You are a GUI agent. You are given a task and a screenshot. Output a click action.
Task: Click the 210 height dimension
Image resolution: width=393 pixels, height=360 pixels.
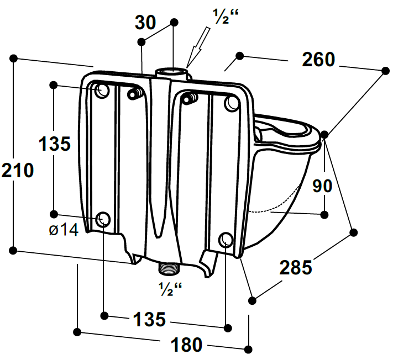(18, 171)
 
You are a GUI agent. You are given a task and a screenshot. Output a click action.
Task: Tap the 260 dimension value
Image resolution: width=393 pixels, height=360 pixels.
(318, 60)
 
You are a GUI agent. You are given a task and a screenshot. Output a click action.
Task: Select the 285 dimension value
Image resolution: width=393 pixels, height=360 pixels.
(296, 268)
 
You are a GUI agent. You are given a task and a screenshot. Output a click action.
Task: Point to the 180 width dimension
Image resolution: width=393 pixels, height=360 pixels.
(186, 345)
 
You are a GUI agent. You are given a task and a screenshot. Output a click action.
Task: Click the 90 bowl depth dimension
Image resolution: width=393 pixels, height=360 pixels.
(322, 186)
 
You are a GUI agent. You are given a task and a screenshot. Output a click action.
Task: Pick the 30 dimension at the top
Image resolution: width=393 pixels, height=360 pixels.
(146, 23)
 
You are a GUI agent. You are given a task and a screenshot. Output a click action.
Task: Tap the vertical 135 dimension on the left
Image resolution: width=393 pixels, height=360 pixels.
(55, 144)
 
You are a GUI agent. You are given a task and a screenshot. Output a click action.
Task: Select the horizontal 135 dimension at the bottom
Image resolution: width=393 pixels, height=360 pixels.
(149, 319)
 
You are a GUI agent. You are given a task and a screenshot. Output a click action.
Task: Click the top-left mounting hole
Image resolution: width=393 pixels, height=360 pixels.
(102, 91)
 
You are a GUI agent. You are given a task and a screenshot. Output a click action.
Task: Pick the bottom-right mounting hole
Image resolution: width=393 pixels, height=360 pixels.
(226, 239)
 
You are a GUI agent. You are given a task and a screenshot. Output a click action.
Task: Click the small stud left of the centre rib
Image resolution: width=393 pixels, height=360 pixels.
(133, 94)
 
